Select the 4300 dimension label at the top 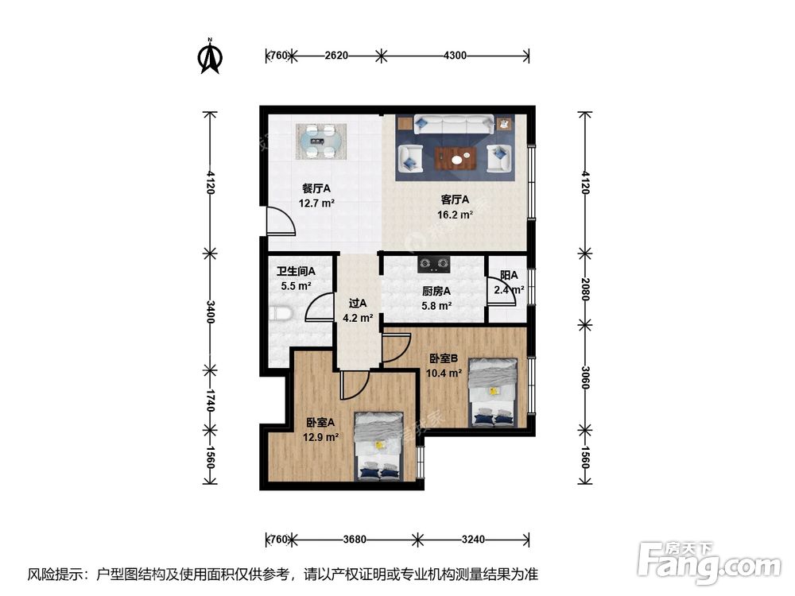click(x=454, y=56)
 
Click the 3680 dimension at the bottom click(x=355, y=540)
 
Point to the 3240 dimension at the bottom click(x=472, y=540)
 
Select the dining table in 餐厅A click(x=322, y=141)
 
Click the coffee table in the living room click(x=457, y=157)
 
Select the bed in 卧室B click(x=493, y=392)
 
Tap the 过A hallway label click(x=358, y=303)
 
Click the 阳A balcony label click(x=509, y=276)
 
